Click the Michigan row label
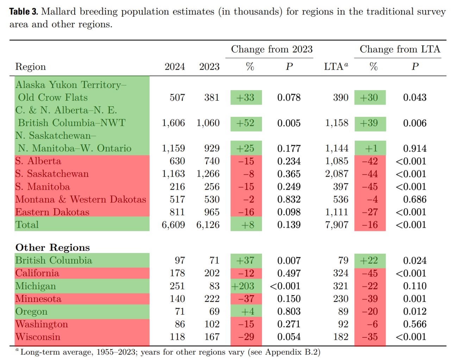[x=36, y=286]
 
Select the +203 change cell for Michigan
[x=243, y=286]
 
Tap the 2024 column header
[x=175, y=67]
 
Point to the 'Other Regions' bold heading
[x=52, y=247]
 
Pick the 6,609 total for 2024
[x=173, y=225]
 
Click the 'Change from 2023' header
[x=271, y=49]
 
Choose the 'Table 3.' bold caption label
[x=24, y=11]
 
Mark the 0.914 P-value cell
[x=415, y=149]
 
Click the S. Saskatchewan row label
[x=52, y=174]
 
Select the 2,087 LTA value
[x=337, y=174]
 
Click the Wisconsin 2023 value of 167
[x=212, y=337]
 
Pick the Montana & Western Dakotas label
[x=81, y=199]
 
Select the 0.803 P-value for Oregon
[x=289, y=311]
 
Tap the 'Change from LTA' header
[x=400, y=49]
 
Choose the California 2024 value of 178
[x=177, y=273]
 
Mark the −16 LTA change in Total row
[x=370, y=225]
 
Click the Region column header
[x=31, y=67]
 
